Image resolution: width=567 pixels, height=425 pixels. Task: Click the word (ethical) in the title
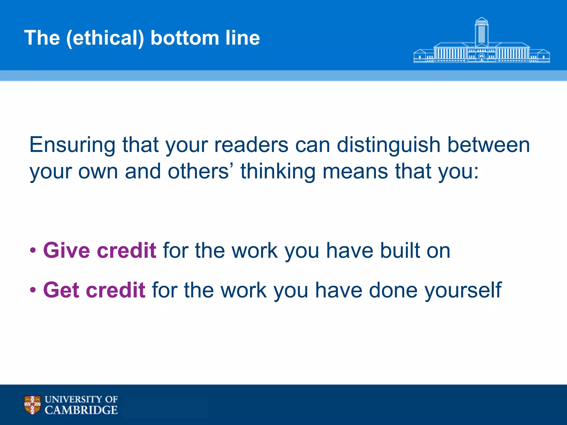[x=105, y=38]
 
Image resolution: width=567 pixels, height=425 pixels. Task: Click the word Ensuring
[x=72, y=145]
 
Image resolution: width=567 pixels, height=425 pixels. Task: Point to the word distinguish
[x=388, y=145]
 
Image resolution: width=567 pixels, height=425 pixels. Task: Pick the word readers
[x=251, y=145]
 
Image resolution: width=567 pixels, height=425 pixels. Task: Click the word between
[x=489, y=145]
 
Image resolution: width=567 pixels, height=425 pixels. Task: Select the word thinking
[x=278, y=171]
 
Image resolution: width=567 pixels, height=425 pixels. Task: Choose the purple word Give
[x=66, y=250]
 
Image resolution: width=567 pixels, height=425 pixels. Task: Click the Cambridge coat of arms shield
[x=32, y=405]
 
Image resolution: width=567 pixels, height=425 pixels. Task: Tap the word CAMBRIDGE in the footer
[x=81, y=410]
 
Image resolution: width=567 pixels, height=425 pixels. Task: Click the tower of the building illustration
[x=481, y=32]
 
